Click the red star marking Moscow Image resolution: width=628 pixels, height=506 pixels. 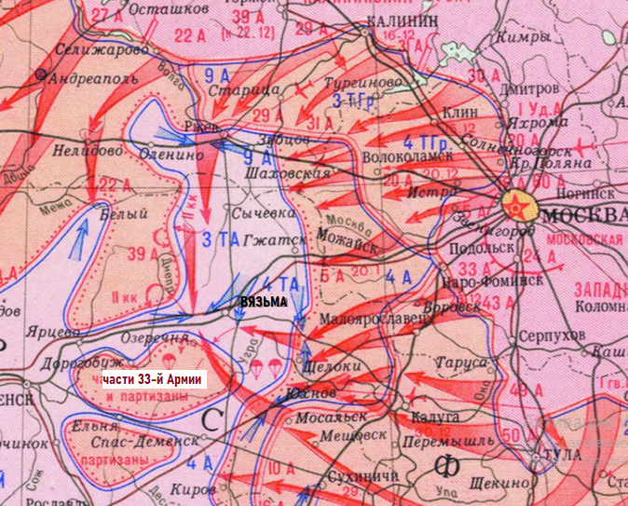tap(517, 207)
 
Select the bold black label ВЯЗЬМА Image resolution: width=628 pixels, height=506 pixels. tap(263, 303)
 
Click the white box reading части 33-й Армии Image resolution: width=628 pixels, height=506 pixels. tap(153, 379)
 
